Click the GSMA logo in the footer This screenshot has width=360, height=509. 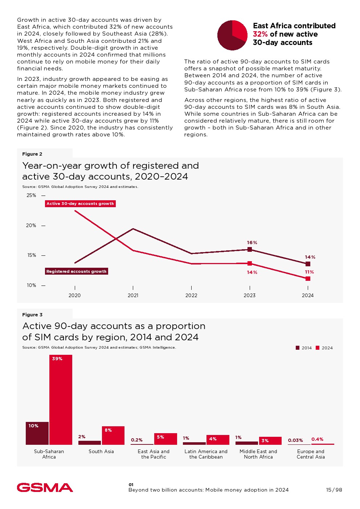tap(45, 487)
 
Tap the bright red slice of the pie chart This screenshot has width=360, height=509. tap(239, 30)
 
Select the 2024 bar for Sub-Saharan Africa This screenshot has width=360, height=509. tap(61, 399)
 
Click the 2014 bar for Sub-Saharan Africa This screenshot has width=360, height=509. tap(37, 433)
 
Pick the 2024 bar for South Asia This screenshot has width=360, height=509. tap(113, 435)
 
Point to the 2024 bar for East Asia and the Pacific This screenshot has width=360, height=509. tap(165, 439)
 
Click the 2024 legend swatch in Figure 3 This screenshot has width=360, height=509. tap(318, 348)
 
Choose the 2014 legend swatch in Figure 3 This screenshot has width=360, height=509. tap(298, 348)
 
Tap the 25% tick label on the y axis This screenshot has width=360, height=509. tap(32, 195)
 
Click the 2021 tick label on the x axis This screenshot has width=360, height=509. tap(133, 295)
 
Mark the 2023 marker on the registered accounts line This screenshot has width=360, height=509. tap(250, 249)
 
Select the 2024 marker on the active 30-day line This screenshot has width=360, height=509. tap(308, 279)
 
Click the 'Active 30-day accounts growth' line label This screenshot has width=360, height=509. tap(80, 204)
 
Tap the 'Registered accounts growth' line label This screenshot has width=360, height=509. tap(76, 271)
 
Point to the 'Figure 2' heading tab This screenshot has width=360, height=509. tap(32, 154)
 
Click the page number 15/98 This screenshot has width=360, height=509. tap(334, 490)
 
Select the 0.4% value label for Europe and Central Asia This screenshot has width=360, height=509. tap(317, 439)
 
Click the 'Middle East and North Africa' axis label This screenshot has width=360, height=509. tap(258, 454)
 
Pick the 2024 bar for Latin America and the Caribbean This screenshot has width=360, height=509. tap(218, 440)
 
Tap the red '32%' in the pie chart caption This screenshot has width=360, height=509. tap(260, 34)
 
